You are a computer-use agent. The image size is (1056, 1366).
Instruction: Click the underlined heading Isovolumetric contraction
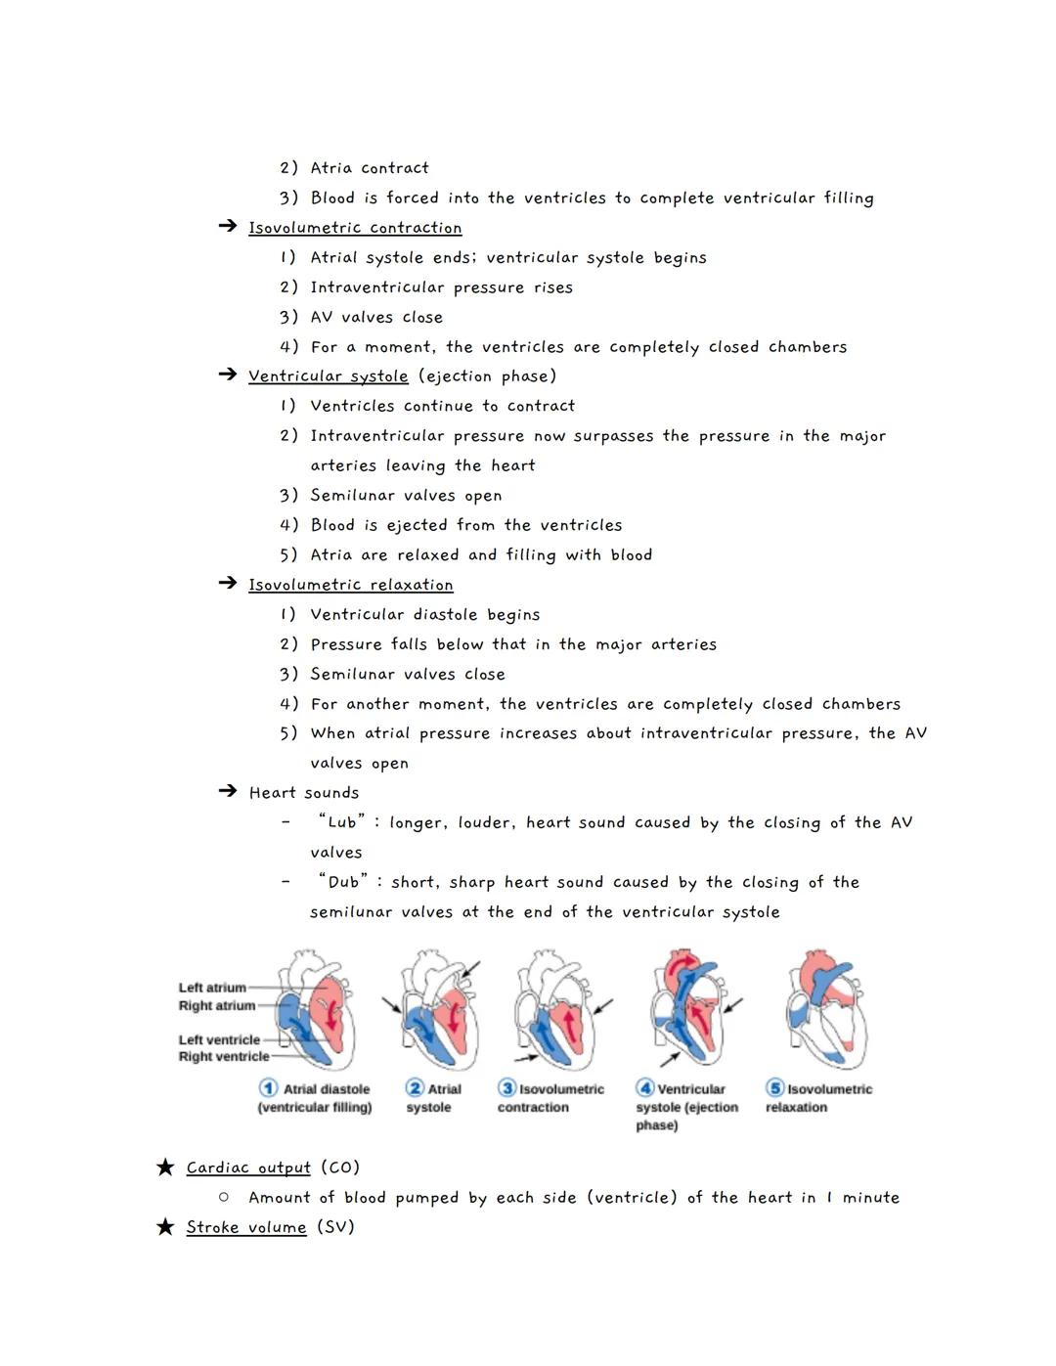355,228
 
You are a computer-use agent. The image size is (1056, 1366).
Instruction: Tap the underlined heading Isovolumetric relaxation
351,585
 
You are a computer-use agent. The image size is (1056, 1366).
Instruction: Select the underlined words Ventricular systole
329,376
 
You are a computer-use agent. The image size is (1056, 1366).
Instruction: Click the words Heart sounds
304,793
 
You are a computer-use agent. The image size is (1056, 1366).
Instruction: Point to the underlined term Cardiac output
248,1168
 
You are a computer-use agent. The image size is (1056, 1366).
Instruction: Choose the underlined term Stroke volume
246,1227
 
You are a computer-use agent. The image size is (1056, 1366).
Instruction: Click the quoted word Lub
342,822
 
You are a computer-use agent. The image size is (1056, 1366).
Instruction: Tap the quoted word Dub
343,882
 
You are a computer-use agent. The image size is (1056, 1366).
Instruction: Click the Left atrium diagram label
212,988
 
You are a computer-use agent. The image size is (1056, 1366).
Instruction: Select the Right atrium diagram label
216,1005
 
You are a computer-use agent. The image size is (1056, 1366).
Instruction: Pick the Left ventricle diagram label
219,1039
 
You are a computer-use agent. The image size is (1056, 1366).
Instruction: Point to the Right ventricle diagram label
223,1056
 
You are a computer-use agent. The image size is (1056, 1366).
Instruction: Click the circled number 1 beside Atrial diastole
268,1088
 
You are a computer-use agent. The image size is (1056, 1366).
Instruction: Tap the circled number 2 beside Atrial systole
415,1088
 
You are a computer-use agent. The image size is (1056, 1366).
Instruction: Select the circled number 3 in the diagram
507,1088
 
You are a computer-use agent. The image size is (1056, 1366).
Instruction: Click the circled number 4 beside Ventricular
645,1088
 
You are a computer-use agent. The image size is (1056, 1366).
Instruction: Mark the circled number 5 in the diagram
775,1088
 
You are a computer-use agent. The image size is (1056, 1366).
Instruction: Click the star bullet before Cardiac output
165,1168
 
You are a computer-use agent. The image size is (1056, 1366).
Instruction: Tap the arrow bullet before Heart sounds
227,792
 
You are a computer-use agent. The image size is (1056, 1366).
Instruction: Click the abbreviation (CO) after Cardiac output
340,1168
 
